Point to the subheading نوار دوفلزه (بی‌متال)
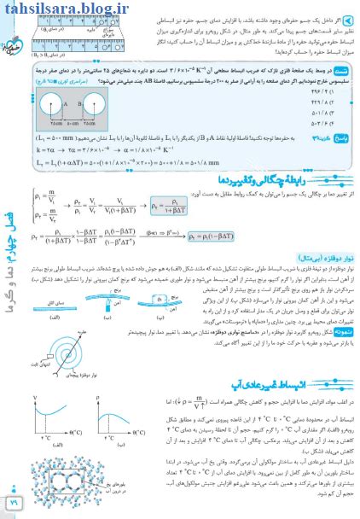click(311, 281)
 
